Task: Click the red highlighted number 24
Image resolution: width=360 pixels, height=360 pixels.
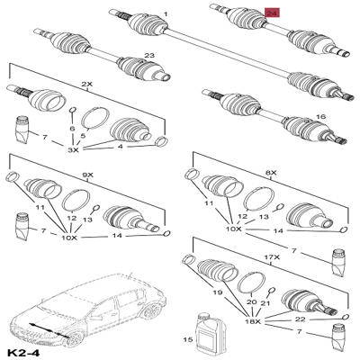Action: [x=272, y=13]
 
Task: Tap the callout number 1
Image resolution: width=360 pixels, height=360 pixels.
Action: [x=166, y=14]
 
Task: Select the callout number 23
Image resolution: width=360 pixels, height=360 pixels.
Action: [x=149, y=55]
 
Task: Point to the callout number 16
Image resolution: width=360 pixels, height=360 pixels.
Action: [x=320, y=116]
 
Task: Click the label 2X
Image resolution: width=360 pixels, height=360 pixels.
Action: [x=88, y=85]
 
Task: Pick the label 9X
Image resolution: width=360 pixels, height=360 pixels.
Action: [x=88, y=175]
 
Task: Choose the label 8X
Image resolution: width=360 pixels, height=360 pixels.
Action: [x=271, y=173]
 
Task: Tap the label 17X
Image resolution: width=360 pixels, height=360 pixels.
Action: [x=272, y=257]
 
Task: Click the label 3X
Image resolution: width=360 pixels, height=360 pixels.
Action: [x=73, y=150]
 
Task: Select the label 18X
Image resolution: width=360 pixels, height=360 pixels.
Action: [x=253, y=321]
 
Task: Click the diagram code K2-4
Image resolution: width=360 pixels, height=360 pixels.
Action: [x=23, y=352]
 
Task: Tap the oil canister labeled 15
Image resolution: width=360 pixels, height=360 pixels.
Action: [x=211, y=335]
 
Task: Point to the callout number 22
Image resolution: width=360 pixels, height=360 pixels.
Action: [x=300, y=319]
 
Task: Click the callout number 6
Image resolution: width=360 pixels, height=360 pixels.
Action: [x=72, y=129]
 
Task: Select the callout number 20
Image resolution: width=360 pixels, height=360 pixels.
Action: [x=252, y=302]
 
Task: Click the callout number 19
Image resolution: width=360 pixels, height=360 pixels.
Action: [x=217, y=292]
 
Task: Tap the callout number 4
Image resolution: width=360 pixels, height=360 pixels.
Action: [x=121, y=147]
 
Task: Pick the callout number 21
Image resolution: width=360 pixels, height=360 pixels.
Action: [x=265, y=303]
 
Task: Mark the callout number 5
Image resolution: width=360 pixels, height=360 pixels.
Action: [x=83, y=136]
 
